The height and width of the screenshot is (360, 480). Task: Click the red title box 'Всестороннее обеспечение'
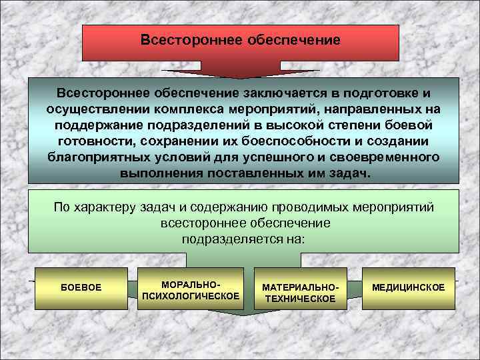point(240,41)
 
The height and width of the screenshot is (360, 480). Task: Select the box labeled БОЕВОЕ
point(81,287)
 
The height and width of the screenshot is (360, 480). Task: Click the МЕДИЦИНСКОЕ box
point(408,287)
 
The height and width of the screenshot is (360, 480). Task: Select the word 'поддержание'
point(93,125)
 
